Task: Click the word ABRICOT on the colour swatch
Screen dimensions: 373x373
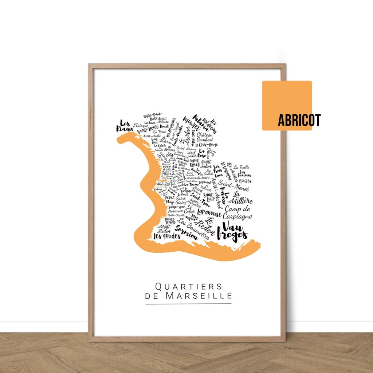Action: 299,120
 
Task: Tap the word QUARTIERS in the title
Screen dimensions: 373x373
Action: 188,286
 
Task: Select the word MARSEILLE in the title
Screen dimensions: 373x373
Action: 199,296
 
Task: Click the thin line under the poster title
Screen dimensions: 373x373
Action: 188,303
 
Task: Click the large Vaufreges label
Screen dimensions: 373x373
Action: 232,232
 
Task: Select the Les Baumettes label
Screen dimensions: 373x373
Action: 193,229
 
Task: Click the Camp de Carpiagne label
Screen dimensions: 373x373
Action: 237,213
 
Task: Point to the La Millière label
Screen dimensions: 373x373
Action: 242,197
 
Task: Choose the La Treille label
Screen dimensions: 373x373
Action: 242,167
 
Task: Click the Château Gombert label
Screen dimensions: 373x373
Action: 205,137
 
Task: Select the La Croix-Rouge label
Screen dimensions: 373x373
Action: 208,145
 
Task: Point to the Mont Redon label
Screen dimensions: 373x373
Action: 164,229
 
